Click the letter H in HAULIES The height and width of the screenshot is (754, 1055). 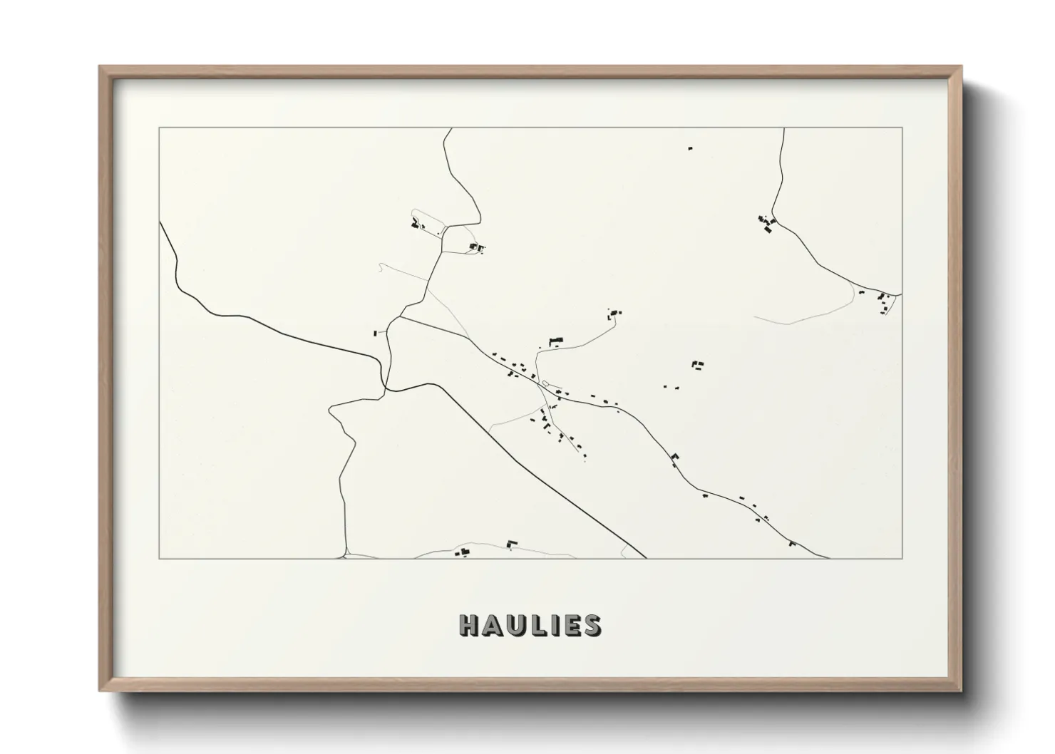[469, 625]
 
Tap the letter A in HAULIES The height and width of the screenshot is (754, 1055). [491, 625]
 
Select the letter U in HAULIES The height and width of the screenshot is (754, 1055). [515, 625]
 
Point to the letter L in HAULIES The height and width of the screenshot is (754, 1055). [536, 625]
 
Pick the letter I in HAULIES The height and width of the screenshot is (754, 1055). [552, 625]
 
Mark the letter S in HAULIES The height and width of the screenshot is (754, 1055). [590, 625]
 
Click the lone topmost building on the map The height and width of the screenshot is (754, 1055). [689, 148]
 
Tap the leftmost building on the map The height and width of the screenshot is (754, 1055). [375, 333]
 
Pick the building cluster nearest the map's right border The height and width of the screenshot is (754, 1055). [884, 301]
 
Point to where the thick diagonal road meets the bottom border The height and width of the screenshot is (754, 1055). [646, 558]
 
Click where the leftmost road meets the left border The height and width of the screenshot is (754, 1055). [160, 222]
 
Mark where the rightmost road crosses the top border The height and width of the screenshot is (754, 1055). [784, 128]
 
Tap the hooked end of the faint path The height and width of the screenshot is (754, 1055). [383, 265]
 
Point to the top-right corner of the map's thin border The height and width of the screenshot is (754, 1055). [902, 128]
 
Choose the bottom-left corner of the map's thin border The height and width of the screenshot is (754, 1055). [160, 558]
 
